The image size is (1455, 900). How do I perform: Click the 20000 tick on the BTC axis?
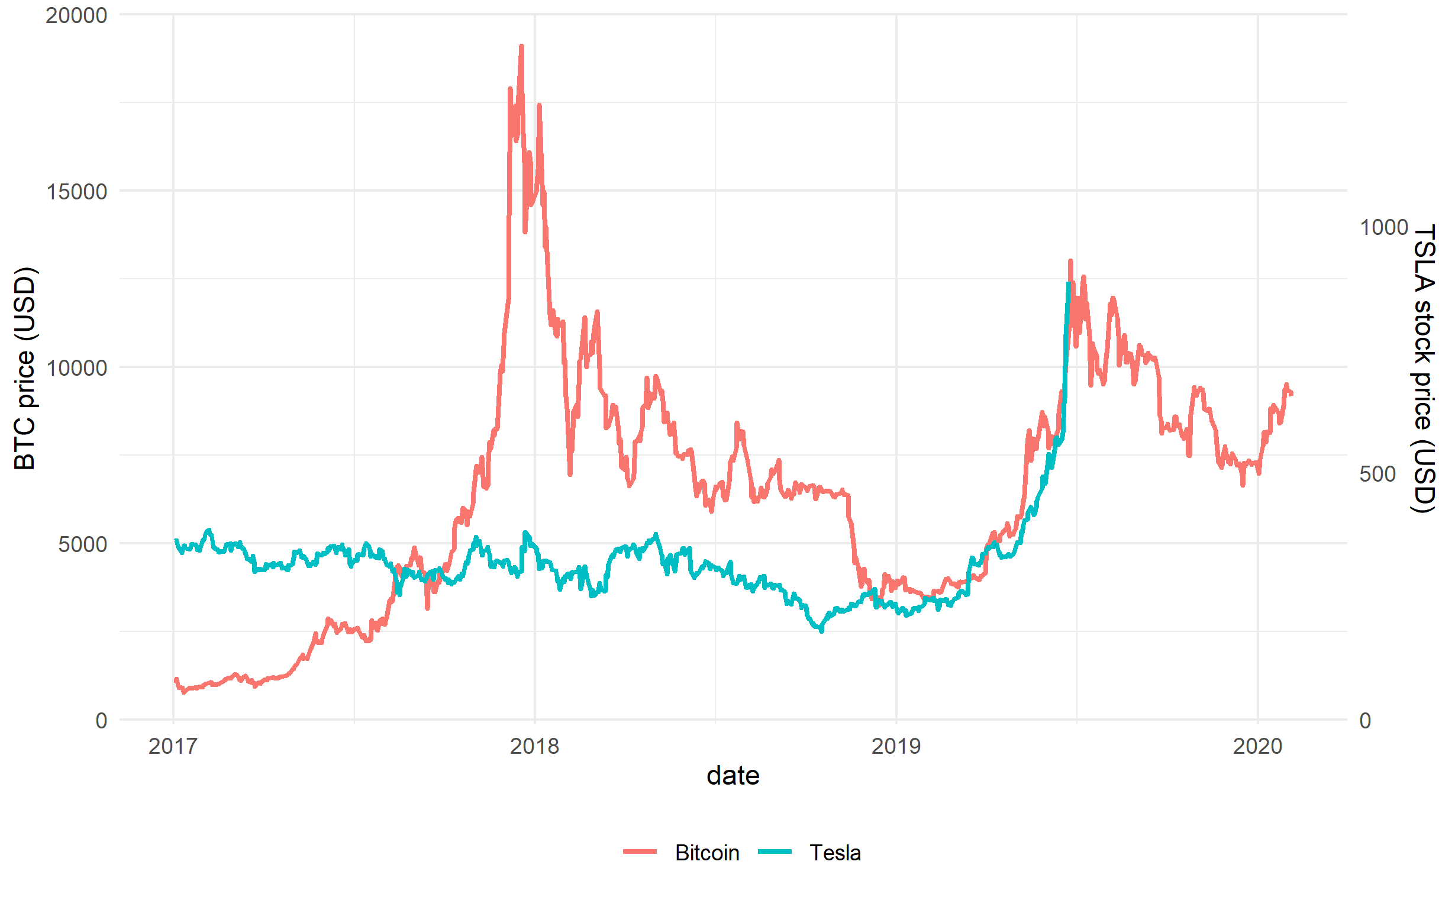click(x=76, y=15)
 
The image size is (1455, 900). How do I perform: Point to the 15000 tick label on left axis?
click(x=76, y=191)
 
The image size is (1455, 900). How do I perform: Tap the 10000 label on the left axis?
click(x=76, y=367)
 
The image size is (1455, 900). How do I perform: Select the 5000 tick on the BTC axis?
click(x=82, y=543)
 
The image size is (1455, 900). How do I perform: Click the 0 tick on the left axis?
click(x=101, y=720)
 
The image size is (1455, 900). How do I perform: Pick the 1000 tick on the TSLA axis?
click(x=1383, y=227)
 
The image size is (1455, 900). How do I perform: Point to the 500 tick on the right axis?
click(x=1377, y=474)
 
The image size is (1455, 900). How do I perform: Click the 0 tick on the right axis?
click(x=1365, y=720)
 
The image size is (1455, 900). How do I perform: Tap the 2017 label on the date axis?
click(x=173, y=746)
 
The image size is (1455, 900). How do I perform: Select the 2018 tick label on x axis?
click(x=534, y=746)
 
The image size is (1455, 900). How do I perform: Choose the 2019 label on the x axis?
click(x=896, y=746)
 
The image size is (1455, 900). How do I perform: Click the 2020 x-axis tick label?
click(x=1257, y=746)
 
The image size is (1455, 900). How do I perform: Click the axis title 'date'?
click(x=733, y=776)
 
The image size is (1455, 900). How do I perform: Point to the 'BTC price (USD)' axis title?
click(x=25, y=368)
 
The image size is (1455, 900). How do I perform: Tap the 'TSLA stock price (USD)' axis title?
click(x=1424, y=368)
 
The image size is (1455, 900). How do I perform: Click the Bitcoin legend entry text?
click(x=706, y=853)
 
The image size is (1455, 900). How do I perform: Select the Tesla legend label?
click(x=834, y=853)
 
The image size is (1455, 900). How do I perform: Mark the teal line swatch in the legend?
click(x=774, y=852)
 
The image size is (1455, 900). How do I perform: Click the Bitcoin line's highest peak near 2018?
click(x=521, y=46)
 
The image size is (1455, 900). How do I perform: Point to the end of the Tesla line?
click(x=1069, y=284)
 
